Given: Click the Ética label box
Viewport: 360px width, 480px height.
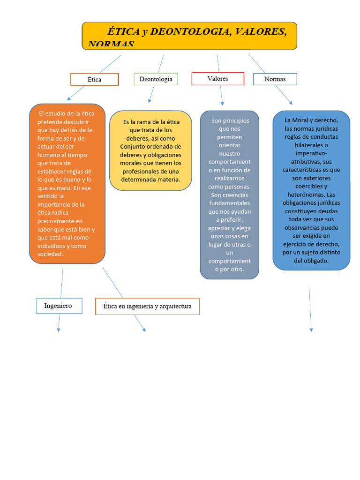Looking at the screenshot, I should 94,79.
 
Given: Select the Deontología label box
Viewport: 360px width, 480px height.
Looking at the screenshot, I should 156,79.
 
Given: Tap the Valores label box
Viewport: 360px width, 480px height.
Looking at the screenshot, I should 217,78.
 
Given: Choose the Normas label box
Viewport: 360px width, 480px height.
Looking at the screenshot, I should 275,79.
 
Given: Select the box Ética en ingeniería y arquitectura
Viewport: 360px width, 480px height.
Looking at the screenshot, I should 147,306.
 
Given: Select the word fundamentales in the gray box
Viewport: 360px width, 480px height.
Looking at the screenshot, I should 229,203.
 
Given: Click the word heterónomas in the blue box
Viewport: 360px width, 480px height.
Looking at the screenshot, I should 305,195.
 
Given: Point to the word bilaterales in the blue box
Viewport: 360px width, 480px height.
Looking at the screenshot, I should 311,145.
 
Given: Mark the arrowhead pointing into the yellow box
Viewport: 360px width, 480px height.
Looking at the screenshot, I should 150,101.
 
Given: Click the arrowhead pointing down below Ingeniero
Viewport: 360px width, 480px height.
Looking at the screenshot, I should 59,330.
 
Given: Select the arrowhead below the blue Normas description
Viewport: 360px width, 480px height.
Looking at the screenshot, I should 311,330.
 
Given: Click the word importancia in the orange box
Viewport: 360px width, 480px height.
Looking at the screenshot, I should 61,204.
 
